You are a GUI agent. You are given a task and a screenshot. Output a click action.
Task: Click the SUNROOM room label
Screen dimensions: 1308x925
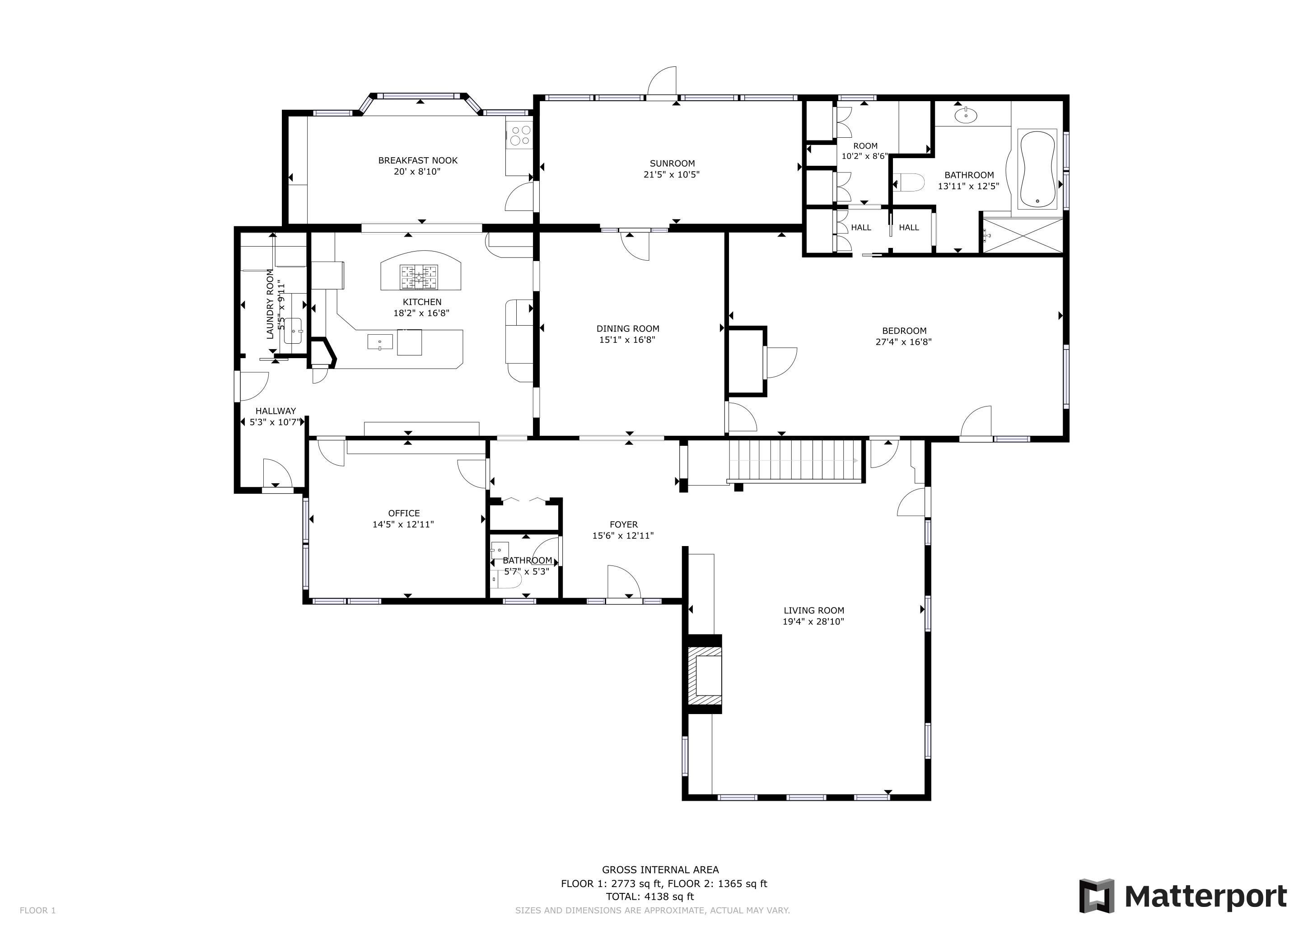point(672,164)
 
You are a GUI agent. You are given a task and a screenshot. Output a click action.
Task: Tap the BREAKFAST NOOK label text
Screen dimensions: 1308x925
point(418,161)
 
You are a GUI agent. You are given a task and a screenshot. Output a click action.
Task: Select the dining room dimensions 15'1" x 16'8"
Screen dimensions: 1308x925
point(628,340)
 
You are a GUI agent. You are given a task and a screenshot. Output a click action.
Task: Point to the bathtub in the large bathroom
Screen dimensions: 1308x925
point(1037,170)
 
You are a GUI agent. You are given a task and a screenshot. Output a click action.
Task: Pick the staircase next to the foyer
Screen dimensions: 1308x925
point(796,461)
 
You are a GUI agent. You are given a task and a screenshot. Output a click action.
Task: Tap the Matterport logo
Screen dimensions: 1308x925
point(1183,896)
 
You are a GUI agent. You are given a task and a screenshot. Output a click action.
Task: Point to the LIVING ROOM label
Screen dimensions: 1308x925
point(813,610)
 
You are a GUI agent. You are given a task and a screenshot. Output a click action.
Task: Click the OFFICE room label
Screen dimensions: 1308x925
point(404,513)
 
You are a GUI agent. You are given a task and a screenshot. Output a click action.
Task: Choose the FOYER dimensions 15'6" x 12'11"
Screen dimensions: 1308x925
point(623,535)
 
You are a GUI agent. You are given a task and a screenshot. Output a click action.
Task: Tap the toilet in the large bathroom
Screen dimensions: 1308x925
point(909,183)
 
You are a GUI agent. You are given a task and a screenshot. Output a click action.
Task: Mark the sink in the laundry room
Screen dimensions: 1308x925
point(294,330)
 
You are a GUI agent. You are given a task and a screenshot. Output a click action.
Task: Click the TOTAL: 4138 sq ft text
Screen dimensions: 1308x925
point(650,897)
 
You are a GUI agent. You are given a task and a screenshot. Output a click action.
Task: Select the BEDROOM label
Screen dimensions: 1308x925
point(904,331)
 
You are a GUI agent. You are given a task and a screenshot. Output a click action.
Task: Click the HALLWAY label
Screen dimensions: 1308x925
point(276,411)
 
